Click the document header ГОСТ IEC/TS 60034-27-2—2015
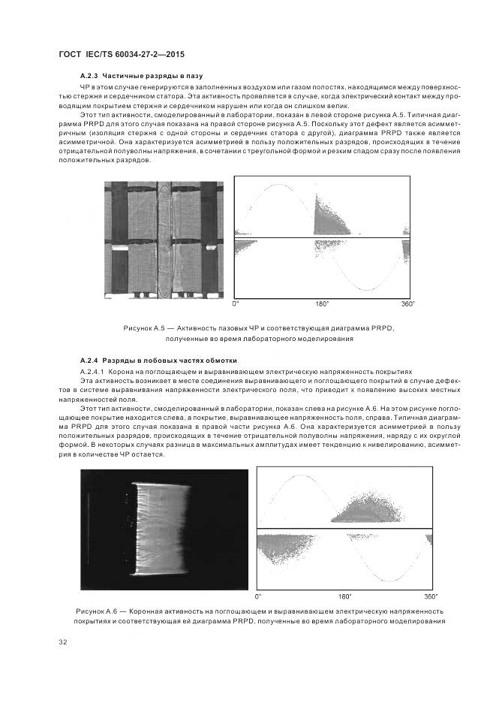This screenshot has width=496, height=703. [121, 55]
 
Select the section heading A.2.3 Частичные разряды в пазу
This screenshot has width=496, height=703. [141, 77]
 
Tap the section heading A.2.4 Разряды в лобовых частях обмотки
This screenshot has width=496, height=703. [158, 361]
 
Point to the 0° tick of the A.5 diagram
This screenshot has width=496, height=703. [236, 304]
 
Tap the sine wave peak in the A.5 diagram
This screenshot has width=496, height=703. [278, 186]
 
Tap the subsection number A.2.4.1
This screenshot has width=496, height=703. [92, 371]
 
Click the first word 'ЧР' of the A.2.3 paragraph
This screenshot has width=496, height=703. [86, 87]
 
